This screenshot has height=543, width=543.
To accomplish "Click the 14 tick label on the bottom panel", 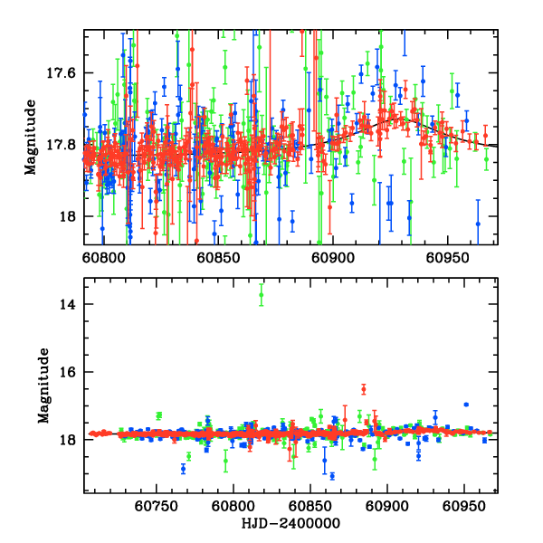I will (66, 304).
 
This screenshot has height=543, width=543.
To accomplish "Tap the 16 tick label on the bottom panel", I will (66, 372).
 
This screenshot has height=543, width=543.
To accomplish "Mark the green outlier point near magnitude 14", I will (262, 296).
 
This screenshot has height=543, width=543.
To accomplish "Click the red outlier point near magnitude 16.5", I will (363, 389).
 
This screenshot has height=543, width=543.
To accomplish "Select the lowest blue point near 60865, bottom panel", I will (332, 476).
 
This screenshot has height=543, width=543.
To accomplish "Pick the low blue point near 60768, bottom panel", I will (184, 469).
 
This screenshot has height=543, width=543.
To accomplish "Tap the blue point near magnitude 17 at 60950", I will (466, 405).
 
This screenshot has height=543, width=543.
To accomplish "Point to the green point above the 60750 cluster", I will (159, 415).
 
